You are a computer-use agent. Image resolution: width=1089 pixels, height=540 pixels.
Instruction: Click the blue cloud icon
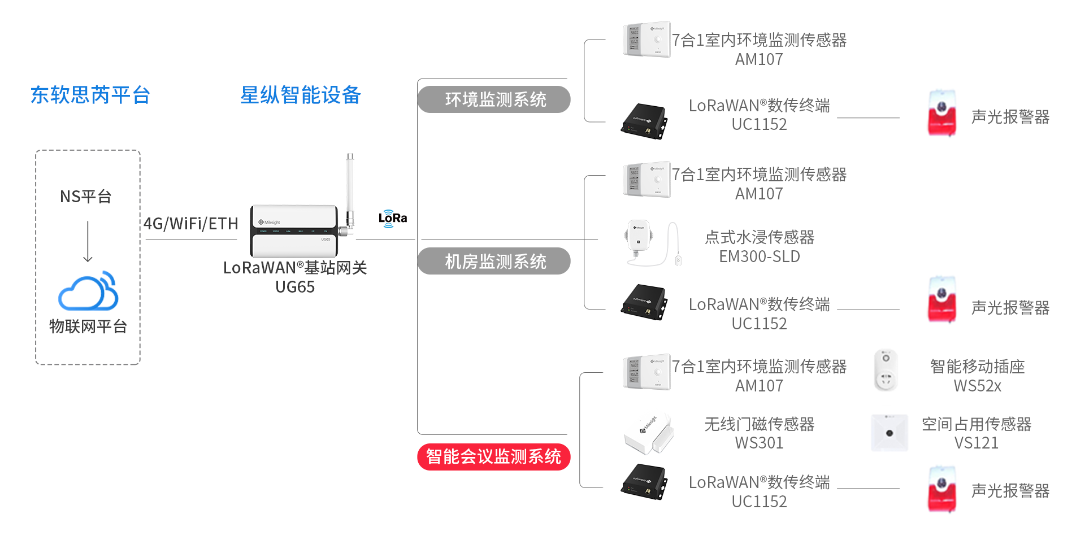tap(88, 291)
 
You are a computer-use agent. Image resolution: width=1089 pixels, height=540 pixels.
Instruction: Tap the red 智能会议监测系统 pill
tap(493, 456)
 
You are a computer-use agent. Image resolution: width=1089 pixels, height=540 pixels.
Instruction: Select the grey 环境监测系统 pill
tap(494, 99)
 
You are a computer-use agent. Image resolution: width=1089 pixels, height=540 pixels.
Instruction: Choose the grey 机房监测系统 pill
tap(494, 262)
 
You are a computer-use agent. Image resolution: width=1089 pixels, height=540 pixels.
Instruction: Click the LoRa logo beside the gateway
tap(392, 219)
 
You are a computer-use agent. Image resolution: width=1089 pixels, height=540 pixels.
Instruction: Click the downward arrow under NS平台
tap(88, 242)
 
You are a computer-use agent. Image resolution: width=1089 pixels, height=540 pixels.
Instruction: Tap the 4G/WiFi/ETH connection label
tap(191, 224)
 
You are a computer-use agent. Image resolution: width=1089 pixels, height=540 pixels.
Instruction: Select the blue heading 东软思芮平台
tap(90, 95)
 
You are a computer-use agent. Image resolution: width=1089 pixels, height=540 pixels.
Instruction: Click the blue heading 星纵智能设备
tap(300, 95)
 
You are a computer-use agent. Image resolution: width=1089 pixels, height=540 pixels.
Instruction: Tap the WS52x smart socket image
tap(886, 371)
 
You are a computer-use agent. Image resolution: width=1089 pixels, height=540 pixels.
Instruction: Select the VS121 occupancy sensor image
tap(889, 433)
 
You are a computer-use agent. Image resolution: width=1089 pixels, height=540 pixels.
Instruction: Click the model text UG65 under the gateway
tap(295, 287)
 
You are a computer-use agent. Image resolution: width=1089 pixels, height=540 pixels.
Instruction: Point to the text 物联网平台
tap(88, 326)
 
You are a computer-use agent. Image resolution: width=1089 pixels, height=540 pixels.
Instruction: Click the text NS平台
tap(86, 197)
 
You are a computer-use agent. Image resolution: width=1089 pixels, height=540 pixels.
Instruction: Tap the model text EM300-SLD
tap(759, 256)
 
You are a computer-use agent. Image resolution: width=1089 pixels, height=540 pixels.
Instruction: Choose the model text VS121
tap(976, 443)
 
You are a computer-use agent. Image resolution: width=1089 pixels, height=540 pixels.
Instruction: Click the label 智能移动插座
tap(977, 367)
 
